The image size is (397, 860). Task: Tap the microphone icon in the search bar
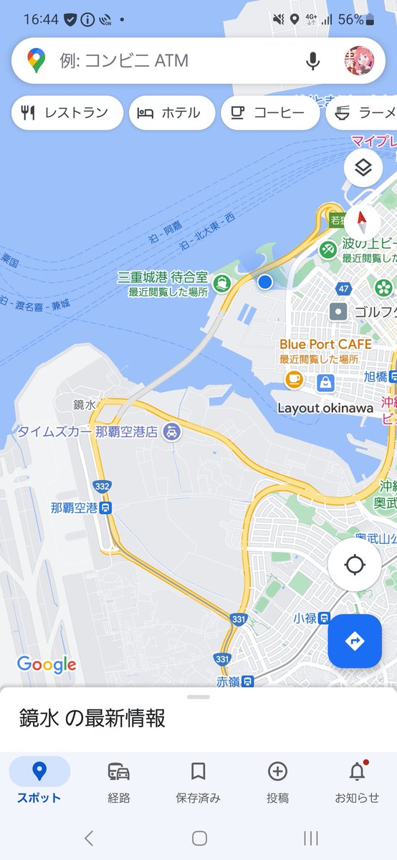pos(312,61)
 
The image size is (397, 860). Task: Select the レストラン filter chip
pos(67,113)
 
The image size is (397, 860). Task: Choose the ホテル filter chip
pos(172,113)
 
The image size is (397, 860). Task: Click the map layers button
pos(363,168)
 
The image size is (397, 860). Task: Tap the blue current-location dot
pos(265,282)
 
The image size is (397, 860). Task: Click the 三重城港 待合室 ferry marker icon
pos(224,284)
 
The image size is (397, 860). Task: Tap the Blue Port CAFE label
pos(325,345)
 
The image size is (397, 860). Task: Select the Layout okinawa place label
pos(325,408)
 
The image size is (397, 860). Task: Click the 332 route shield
pos(102,487)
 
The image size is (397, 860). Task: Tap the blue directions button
pos(355,641)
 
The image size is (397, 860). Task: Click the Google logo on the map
pos(47,664)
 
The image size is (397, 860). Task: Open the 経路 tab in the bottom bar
pos(119,780)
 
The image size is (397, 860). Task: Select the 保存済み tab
pos(198,780)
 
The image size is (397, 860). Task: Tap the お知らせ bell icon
pos(357,773)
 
